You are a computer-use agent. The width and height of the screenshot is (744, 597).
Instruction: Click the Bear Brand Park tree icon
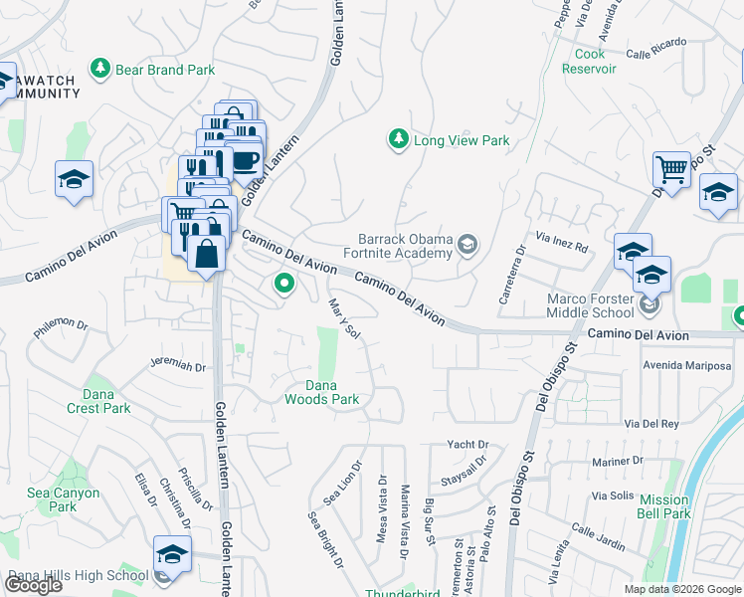point(99,69)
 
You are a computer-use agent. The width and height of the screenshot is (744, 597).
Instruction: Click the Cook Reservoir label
point(589,61)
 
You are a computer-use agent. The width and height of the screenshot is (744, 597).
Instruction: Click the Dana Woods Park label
point(321,392)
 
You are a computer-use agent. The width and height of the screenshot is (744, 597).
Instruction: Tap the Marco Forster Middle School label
point(591,305)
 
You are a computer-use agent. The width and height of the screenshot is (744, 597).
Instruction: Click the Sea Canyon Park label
point(64,499)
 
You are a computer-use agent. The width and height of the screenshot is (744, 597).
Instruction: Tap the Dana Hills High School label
point(78,575)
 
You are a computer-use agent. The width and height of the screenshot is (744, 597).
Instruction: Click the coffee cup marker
point(244,159)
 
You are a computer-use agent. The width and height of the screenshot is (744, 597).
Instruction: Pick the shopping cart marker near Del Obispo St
point(671,170)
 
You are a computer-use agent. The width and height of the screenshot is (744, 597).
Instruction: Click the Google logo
point(33,585)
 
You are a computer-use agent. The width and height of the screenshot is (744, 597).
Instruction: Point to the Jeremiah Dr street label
point(178,366)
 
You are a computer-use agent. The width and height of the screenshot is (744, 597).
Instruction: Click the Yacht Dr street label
point(468,444)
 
